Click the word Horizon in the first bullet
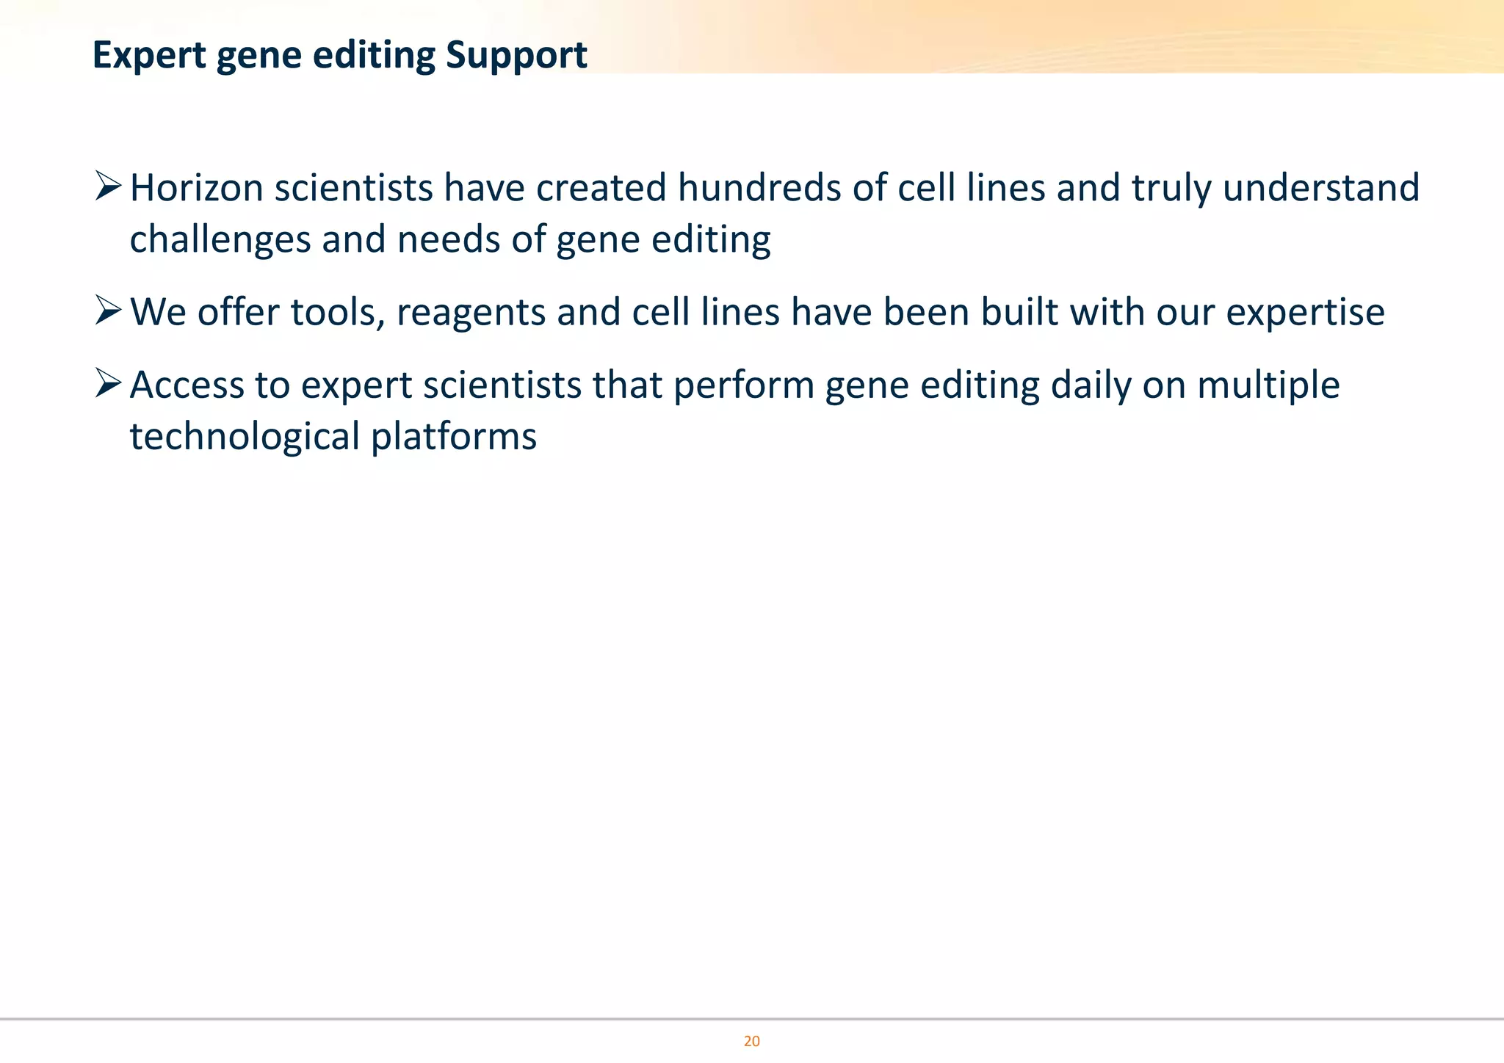point(196,188)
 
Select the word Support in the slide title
point(516,56)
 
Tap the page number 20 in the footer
point(751,1041)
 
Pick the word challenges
point(220,239)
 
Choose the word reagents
point(471,312)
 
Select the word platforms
point(453,437)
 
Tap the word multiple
point(1268,385)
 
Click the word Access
point(187,385)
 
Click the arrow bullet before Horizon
point(107,186)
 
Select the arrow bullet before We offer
point(107,311)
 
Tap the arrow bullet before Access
point(107,383)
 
